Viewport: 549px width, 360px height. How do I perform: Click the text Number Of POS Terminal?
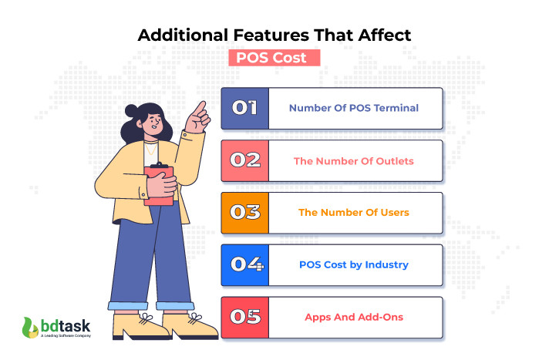354,109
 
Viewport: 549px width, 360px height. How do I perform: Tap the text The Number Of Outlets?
354,161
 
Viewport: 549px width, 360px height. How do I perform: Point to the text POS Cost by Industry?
354,265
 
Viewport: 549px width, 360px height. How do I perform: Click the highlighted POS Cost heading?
274,59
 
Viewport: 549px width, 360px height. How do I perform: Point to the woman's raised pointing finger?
202,106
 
